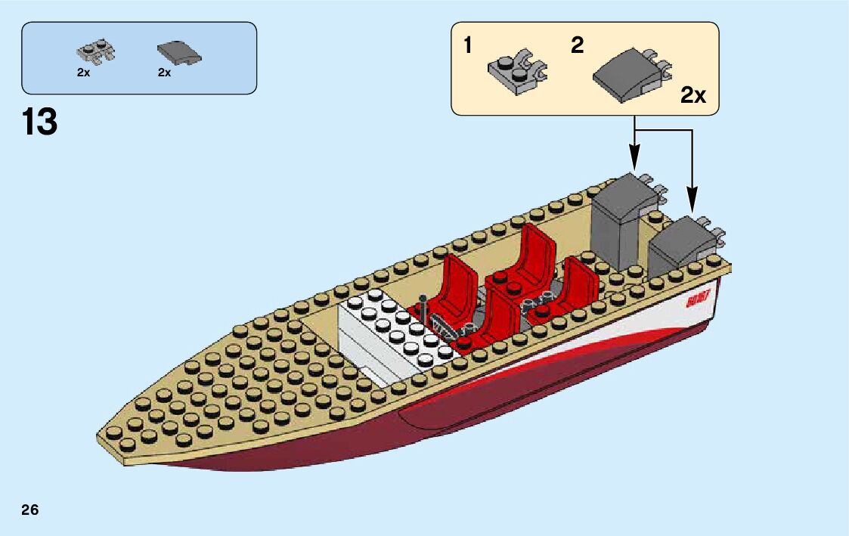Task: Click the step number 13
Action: pyautogui.click(x=40, y=122)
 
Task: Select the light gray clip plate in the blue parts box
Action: pyautogui.click(x=96, y=51)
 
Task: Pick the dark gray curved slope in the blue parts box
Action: pyautogui.click(x=179, y=53)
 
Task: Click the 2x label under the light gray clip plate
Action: pyautogui.click(x=83, y=73)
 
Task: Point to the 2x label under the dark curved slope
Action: pyautogui.click(x=165, y=73)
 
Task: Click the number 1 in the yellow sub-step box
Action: pyautogui.click(x=468, y=46)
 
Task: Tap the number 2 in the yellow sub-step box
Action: pyautogui.click(x=578, y=45)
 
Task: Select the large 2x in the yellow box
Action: pyautogui.click(x=693, y=95)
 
